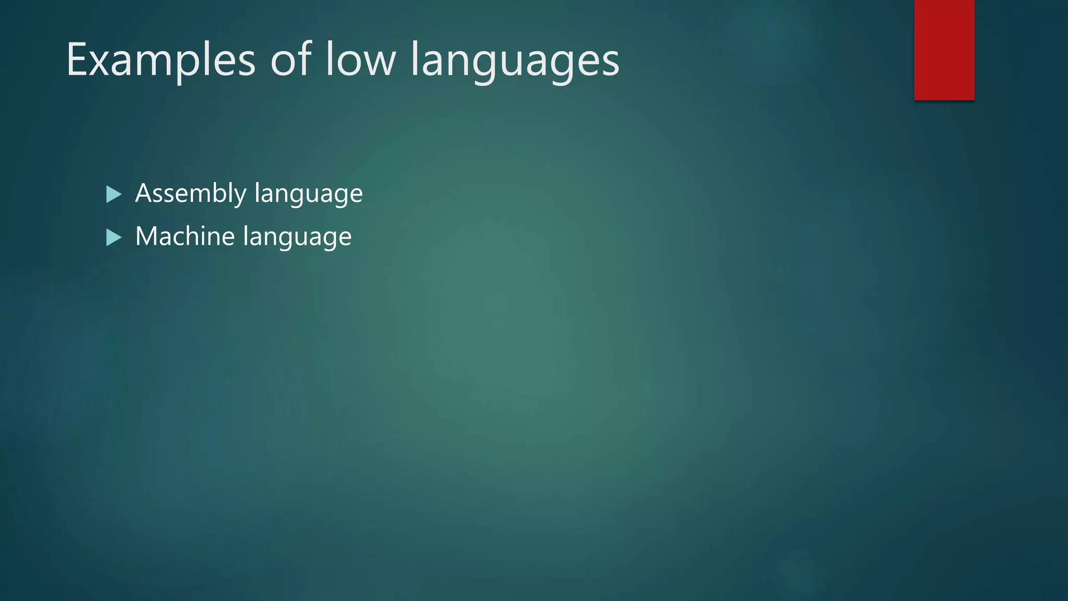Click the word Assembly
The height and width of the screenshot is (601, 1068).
[x=190, y=194]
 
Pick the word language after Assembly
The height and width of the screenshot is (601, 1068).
[x=309, y=194]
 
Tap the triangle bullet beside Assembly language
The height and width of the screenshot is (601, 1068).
[x=113, y=195]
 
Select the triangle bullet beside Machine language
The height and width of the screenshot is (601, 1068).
[x=113, y=238]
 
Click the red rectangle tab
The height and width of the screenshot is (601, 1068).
[x=944, y=50]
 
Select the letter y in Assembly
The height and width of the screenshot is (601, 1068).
[x=240, y=196]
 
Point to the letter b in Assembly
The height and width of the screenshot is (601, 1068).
[x=219, y=193]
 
